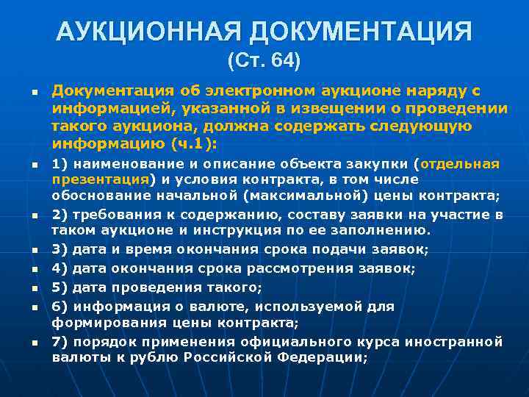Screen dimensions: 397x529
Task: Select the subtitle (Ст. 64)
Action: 264,60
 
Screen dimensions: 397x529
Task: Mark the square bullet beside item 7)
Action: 34,343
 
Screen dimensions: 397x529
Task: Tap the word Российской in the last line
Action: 232,358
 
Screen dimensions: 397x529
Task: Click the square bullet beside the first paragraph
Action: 34,92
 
